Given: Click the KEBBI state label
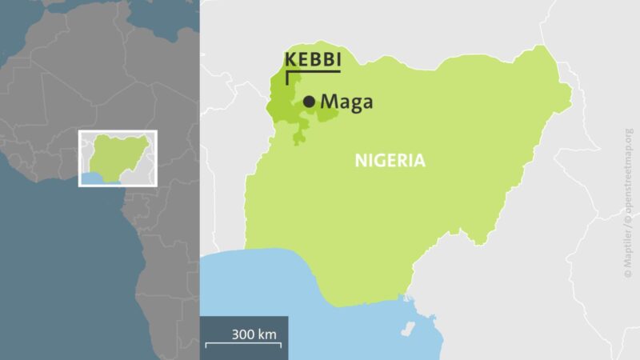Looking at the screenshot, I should [x=313, y=61].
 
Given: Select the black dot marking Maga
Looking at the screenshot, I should [x=309, y=102].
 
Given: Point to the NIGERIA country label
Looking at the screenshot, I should [x=390, y=161].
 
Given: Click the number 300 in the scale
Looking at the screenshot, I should [x=242, y=334].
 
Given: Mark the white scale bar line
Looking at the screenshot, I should [x=243, y=345].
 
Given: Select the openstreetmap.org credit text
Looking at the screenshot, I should [x=628, y=173].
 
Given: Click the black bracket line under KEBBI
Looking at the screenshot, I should [x=312, y=73].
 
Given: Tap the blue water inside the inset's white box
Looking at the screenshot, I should [x=104, y=178].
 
